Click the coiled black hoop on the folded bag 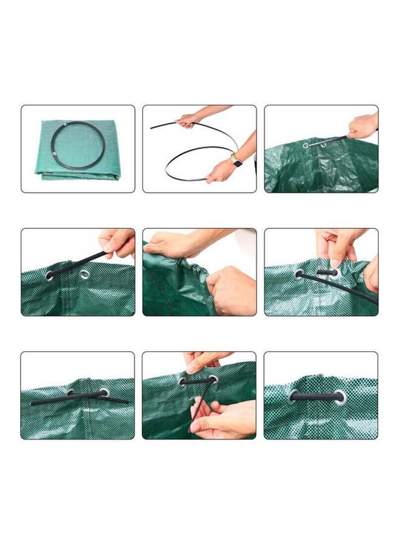78,147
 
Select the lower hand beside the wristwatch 219,171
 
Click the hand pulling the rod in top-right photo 362,126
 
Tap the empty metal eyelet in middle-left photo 84,275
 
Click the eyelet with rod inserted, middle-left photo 50,276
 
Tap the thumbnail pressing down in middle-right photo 335,262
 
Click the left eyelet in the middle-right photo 299,274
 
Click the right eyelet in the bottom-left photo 104,392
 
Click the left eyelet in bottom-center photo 182,381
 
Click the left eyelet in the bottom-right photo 294,397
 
